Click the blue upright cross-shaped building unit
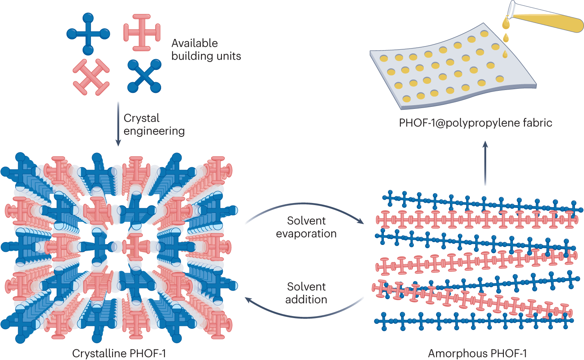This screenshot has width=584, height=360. tap(88, 34)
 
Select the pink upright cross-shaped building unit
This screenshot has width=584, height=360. tap(142, 32)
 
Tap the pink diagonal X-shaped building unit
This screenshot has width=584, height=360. tap(91, 77)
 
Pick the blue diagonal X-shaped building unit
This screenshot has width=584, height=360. tap(144, 76)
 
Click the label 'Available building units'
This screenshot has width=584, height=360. tap(206, 49)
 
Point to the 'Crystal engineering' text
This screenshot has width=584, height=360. tap(154, 124)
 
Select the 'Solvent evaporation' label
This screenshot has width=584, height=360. tap(306, 227)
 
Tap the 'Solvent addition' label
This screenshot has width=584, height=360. tap(306, 293)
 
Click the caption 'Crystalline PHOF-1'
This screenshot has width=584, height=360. tap(119, 353)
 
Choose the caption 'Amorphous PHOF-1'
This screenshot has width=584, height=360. tap(477, 353)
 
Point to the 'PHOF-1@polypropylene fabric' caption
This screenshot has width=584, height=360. tap(476, 122)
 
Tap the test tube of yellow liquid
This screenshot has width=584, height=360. tap(547, 18)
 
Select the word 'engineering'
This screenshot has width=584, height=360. tap(154, 131)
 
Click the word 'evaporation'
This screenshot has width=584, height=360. tap(306, 234)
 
